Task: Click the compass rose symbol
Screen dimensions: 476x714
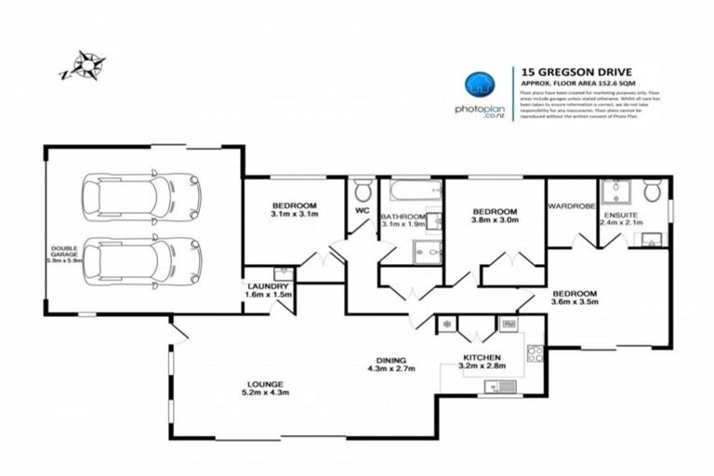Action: point(85,66)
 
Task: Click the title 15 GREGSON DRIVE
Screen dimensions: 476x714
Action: point(565,70)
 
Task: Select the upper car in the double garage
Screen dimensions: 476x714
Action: point(140,196)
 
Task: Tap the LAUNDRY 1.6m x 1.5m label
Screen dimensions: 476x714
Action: point(269,290)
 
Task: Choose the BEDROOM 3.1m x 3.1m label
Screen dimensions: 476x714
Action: point(295,210)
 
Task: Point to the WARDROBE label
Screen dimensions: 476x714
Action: point(571,206)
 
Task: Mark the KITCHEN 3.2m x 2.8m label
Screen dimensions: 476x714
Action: point(483,362)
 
